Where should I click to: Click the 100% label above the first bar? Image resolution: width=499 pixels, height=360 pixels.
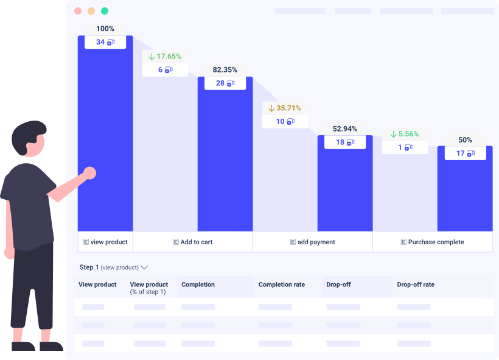(x=105, y=29)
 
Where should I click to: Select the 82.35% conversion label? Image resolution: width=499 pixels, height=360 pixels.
(x=225, y=69)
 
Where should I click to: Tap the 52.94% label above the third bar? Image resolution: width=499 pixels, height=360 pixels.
(x=344, y=129)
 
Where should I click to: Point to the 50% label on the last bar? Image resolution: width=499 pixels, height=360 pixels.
(x=465, y=139)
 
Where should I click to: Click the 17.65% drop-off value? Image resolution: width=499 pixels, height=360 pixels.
(x=165, y=56)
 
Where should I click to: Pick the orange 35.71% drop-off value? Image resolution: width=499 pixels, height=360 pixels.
(x=285, y=108)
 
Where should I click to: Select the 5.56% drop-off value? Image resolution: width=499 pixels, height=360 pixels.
(x=405, y=134)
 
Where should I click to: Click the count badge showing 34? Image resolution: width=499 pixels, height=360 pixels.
(x=105, y=42)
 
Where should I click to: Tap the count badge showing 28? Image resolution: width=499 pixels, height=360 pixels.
(x=225, y=83)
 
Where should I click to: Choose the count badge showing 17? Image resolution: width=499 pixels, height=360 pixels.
(x=465, y=154)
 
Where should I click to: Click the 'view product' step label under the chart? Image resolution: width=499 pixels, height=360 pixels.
(x=106, y=242)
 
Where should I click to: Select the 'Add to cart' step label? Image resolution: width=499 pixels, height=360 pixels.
(x=193, y=242)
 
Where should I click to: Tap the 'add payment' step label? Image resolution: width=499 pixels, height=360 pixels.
(x=313, y=242)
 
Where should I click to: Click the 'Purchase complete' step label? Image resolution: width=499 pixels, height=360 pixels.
(x=433, y=242)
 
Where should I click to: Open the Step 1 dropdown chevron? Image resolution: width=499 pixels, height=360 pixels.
(x=145, y=267)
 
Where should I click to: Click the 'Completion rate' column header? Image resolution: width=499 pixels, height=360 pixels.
(x=282, y=284)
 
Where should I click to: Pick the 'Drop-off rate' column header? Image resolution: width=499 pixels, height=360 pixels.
(x=416, y=284)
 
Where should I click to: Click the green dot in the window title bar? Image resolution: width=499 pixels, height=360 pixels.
(x=105, y=11)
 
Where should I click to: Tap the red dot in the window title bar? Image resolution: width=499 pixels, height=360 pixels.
(x=78, y=11)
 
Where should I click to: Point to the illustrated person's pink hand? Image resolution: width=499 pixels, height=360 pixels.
(x=89, y=173)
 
